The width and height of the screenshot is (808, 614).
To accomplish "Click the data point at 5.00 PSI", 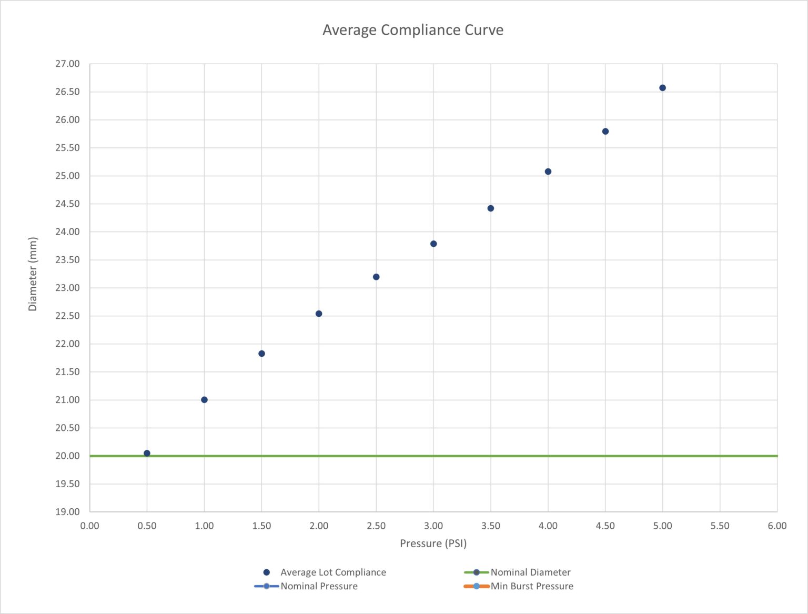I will [662, 88].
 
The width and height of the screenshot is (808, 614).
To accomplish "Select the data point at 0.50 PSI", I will [147, 453].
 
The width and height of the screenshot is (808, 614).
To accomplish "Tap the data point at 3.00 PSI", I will [433, 244].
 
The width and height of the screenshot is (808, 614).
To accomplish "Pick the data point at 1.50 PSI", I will [261, 354].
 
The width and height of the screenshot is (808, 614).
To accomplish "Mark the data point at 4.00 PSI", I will [548, 172].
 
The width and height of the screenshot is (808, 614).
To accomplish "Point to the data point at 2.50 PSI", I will [376, 277].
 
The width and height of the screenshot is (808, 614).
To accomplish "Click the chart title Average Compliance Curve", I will [412, 30].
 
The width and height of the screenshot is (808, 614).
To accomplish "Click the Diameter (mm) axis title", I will [33, 274].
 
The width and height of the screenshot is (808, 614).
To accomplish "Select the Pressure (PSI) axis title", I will [433, 543].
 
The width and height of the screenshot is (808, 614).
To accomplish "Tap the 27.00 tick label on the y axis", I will [67, 64].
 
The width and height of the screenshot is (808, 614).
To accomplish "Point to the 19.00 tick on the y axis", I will [67, 511].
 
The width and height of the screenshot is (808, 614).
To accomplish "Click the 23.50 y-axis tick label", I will [67, 260].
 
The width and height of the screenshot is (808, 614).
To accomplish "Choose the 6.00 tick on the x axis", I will [776, 526].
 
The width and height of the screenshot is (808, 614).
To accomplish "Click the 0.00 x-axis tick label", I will [89, 526].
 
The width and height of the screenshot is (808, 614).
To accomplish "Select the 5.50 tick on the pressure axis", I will [720, 526].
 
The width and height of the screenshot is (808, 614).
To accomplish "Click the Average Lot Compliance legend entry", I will [332, 572].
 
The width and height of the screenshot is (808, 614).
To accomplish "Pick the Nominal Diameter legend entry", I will [530, 572].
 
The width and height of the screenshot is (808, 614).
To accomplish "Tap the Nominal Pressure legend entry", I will [319, 586].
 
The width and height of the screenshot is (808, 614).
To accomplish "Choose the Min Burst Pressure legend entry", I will [531, 586].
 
